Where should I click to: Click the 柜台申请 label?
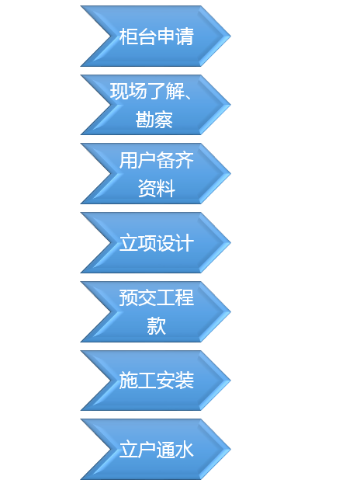point(156,36)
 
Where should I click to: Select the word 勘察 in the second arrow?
point(154,120)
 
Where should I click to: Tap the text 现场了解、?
point(151,92)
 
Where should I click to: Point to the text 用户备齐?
point(156,160)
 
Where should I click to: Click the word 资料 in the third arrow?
point(157,188)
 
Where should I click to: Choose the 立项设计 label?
point(156,243)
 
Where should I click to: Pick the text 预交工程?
point(156,298)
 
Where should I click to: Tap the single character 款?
point(157,326)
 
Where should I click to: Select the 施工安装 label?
point(156,381)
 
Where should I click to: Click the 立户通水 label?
point(156,450)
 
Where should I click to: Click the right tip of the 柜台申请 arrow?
point(230,36)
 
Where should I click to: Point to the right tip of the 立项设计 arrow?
point(230,243)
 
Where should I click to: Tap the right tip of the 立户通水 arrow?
point(230,449)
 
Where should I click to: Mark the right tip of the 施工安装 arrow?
point(230,381)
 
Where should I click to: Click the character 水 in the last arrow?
point(185,450)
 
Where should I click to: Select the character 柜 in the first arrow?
point(128,36)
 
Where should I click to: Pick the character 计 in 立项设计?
point(185,243)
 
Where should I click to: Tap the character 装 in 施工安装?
point(185,381)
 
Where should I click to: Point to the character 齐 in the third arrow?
point(185,160)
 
